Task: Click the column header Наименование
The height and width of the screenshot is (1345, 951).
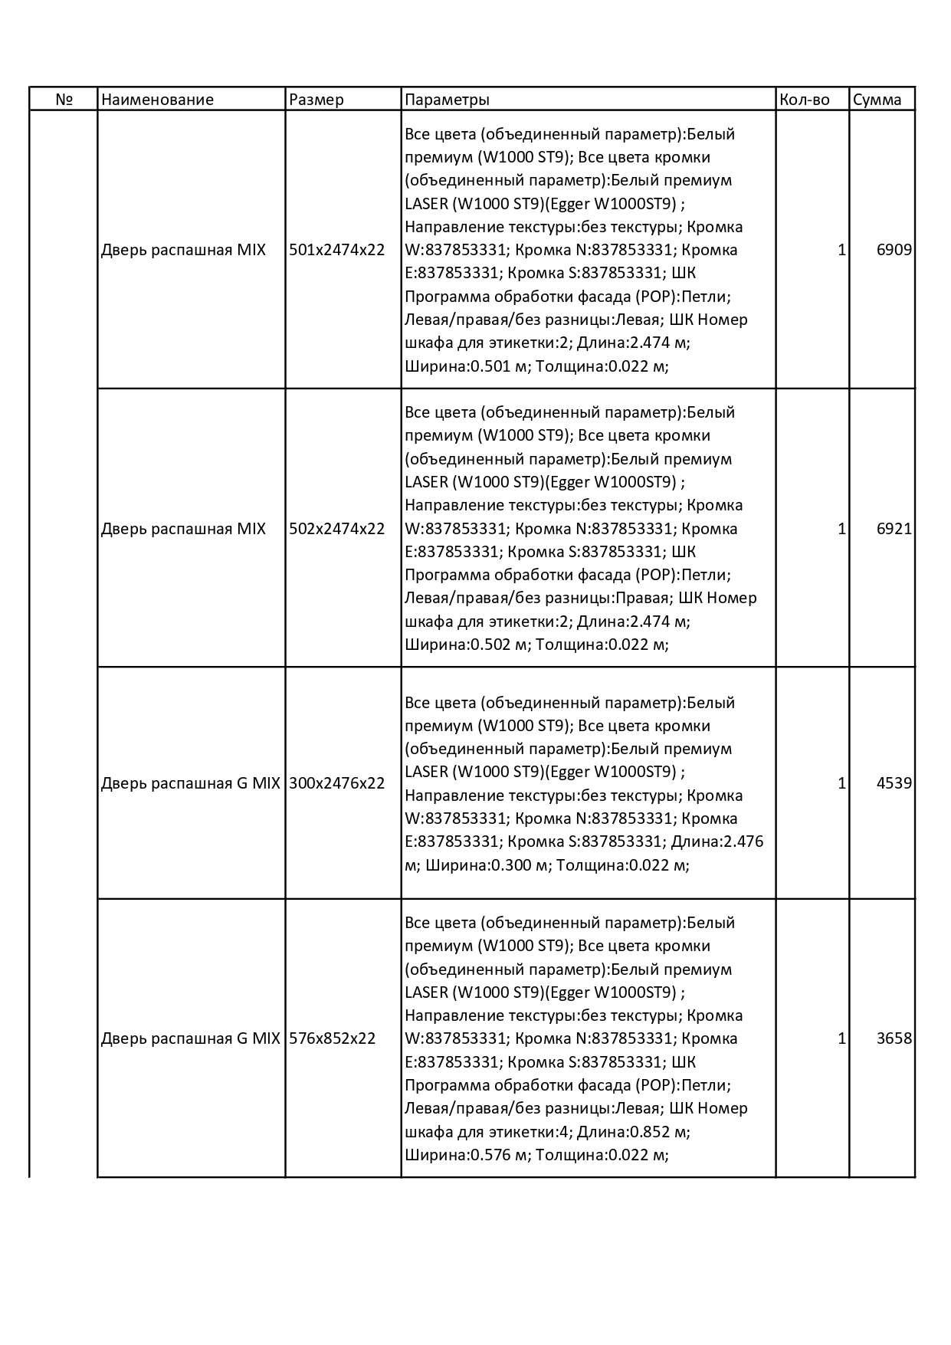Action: (157, 100)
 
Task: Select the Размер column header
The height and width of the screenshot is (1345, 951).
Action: (316, 100)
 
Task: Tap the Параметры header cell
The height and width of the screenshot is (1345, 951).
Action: (447, 100)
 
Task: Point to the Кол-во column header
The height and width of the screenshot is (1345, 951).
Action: (804, 100)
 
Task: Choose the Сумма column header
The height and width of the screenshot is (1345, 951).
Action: (877, 100)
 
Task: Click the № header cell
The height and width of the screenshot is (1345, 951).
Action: (64, 100)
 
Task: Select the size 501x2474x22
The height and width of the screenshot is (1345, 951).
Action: (336, 250)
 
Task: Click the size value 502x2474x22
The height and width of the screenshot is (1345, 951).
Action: (336, 529)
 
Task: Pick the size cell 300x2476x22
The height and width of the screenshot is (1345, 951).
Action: (336, 783)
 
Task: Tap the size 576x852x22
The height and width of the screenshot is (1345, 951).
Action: (332, 1038)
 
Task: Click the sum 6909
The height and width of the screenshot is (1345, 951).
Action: (894, 250)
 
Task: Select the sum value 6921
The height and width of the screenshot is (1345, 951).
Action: (894, 529)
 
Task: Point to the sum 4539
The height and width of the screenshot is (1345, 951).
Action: (894, 783)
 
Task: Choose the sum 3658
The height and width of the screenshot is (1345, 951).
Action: (894, 1038)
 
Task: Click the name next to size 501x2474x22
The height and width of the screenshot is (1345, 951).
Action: (183, 250)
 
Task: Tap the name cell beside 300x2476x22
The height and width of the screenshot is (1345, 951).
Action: (190, 783)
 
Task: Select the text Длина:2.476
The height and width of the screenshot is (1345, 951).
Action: (717, 841)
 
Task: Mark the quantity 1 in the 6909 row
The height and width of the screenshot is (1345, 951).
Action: (841, 250)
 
